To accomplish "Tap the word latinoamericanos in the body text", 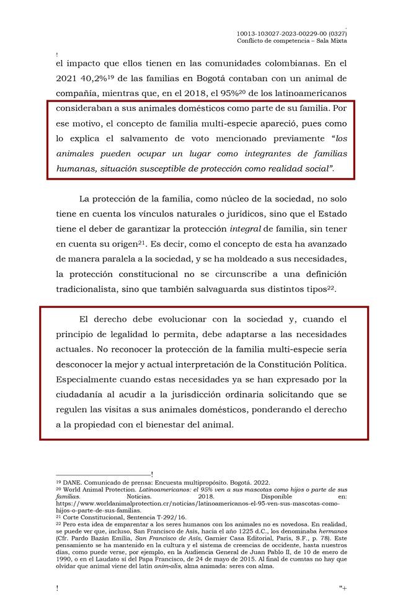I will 311,94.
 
